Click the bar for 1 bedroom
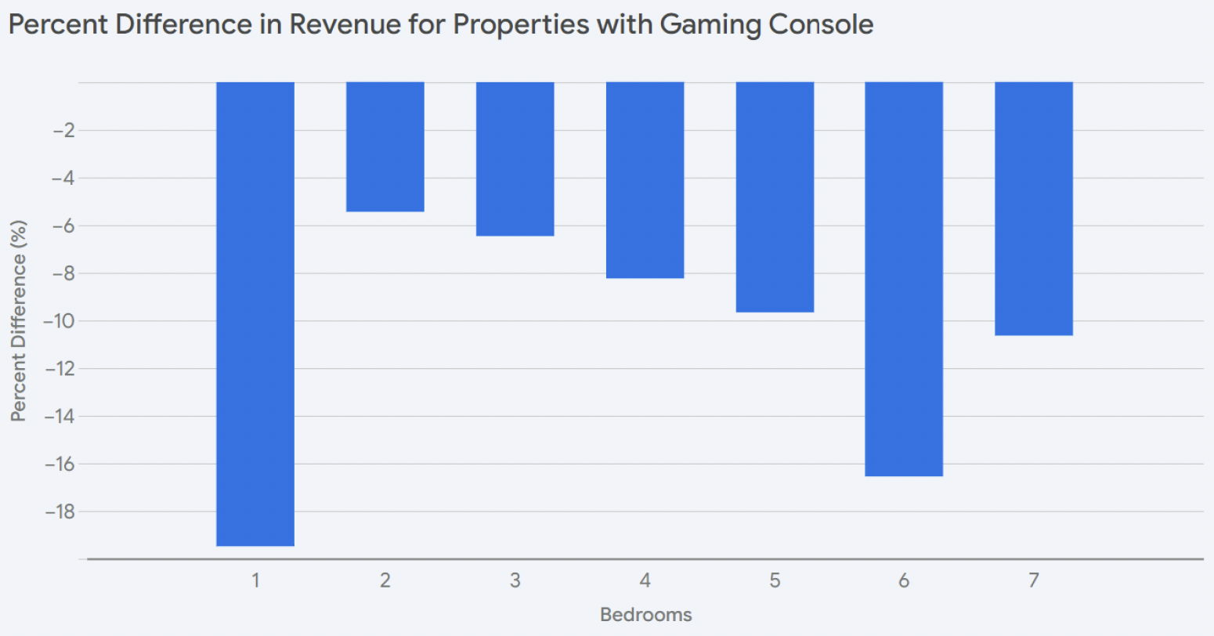[x=255, y=313]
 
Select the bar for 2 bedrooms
[x=385, y=146]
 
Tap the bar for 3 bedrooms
[x=515, y=158]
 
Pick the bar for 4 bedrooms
[x=645, y=179]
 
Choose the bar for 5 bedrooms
[x=775, y=197]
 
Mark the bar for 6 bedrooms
[x=904, y=279]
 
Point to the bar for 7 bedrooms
[x=1034, y=208]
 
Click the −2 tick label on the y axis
[x=63, y=131]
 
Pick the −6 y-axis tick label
[x=63, y=226]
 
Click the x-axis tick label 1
[x=255, y=581]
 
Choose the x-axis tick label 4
[x=645, y=581]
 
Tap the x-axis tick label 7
[x=1034, y=581]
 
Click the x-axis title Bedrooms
[x=645, y=615]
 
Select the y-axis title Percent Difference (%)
[x=19, y=321]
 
